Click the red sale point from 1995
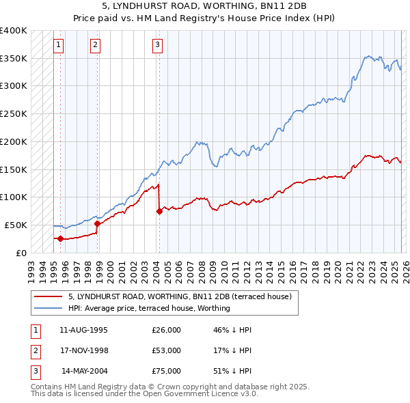(x=60, y=238)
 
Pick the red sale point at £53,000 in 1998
(x=97, y=223)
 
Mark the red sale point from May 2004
(x=159, y=211)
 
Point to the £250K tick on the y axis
(x=14, y=114)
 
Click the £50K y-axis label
(x=16, y=225)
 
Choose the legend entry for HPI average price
(x=149, y=308)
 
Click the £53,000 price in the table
(x=166, y=350)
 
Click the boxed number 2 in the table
(x=35, y=350)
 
